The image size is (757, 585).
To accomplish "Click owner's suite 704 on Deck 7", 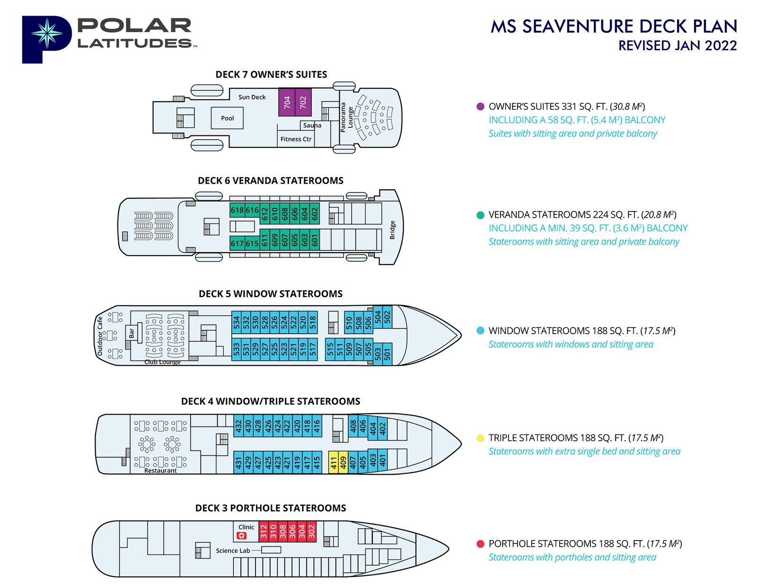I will tap(287, 102).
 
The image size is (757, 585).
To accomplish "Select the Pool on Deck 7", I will tap(227, 118).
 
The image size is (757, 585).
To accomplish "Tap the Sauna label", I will tap(312, 125).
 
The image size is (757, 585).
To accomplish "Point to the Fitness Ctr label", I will tap(296, 139).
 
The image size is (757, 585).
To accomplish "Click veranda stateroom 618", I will tap(237, 210).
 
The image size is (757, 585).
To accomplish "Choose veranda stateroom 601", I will tap(315, 240).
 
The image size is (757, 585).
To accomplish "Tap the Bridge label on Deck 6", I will tap(392, 230).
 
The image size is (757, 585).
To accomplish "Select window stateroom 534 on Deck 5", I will tap(237, 323).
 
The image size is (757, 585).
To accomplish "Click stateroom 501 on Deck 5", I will tap(387, 354).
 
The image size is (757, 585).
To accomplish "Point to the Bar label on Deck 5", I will tap(132, 333).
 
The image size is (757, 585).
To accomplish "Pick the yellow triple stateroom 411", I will tap(334, 462).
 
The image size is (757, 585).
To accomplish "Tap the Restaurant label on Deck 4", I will tap(160, 470).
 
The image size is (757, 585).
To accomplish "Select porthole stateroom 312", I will tap(264, 532).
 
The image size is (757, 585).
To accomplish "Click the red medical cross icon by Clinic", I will tap(242, 535).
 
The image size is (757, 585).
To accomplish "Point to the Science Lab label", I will tap(233, 550).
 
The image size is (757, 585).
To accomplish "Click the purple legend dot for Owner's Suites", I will tap(480, 106).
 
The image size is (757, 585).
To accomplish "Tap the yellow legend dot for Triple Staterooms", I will tap(480, 438).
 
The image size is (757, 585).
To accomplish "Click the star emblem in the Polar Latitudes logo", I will tap(46, 34).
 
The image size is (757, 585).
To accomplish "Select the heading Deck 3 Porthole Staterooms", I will tap(271, 508).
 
